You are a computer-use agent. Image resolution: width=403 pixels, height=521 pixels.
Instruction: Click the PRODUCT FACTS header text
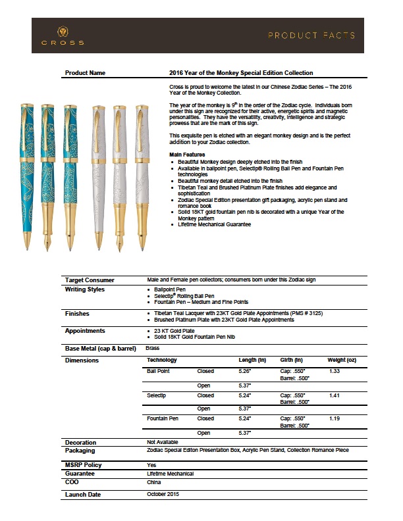[311, 35]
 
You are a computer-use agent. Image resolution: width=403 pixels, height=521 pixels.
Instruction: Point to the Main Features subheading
[187, 154]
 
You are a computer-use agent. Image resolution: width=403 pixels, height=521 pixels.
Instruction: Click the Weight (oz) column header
[342, 360]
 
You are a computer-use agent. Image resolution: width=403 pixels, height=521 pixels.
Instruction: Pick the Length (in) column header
[252, 360]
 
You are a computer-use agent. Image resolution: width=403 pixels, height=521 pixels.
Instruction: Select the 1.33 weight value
[334, 372]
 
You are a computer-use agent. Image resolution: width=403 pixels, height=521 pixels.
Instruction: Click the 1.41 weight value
[334, 395]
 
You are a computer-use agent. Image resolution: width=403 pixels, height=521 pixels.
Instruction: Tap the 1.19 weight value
[334, 418]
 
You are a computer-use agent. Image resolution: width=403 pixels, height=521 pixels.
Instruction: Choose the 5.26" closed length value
[244, 372]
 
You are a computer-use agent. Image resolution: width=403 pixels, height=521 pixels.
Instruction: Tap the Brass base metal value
[153, 347]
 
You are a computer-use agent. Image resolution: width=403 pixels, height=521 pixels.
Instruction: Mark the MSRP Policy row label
[84, 465]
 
